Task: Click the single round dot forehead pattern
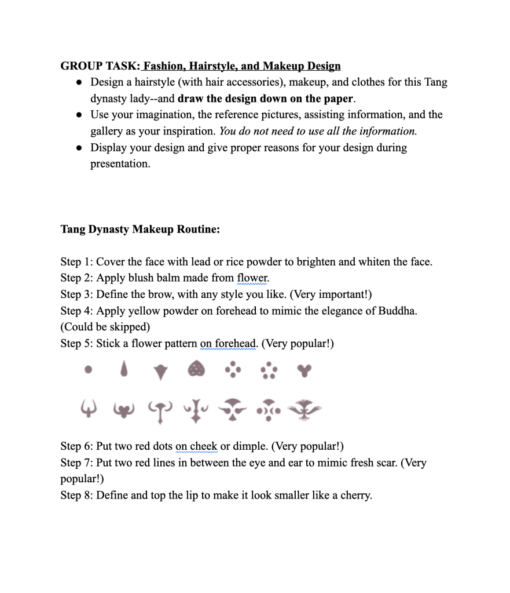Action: (88, 369)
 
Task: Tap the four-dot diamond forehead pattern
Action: (232, 369)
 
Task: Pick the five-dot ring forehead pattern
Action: (269, 370)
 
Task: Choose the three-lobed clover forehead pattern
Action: (303, 369)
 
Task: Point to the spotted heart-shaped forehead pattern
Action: (197, 369)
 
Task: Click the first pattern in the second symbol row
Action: (88, 410)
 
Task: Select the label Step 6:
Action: (76, 446)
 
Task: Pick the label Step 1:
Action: (76, 261)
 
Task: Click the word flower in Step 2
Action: (253, 278)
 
